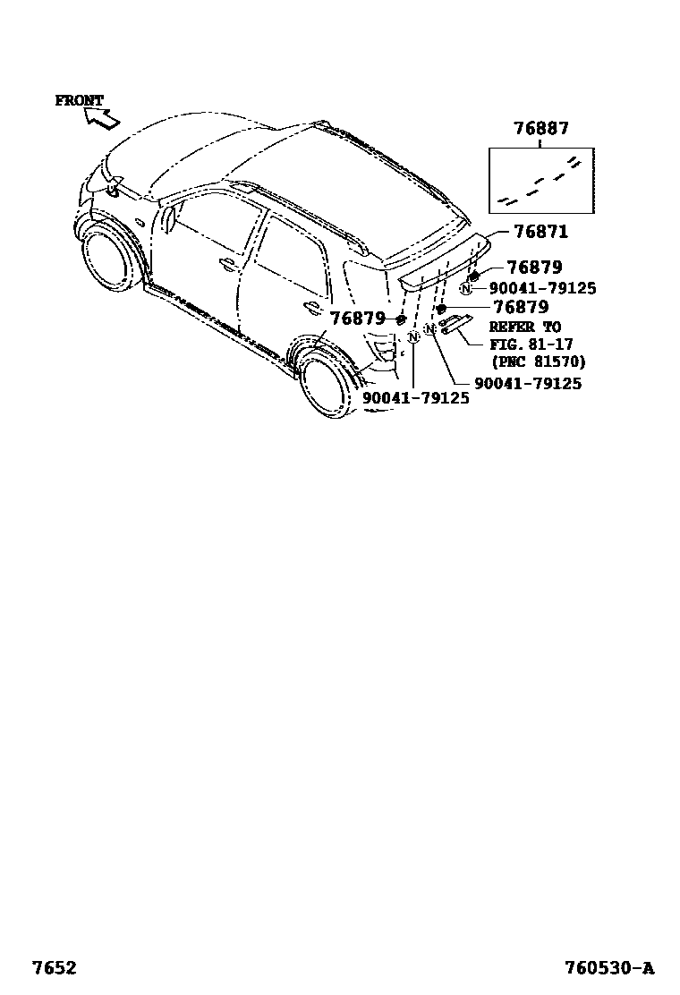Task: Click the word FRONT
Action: [80, 100]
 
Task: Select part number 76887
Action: [540, 129]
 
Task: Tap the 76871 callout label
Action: [540, 232]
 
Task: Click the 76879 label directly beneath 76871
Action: [533, 268]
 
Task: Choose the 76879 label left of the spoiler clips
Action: [358, 319]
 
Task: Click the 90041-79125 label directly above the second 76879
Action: [542, 288]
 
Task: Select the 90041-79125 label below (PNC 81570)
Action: [527, 383]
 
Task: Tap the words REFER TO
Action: [524, 327]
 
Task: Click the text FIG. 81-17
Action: [531, 344]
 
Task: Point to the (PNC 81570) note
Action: [537, 361]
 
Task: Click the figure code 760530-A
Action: [608, 967]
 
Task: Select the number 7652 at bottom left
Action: [54, 967]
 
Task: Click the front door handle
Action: [227, 264]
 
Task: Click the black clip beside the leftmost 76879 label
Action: [401, 319]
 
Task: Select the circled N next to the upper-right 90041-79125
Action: [466, 288]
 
